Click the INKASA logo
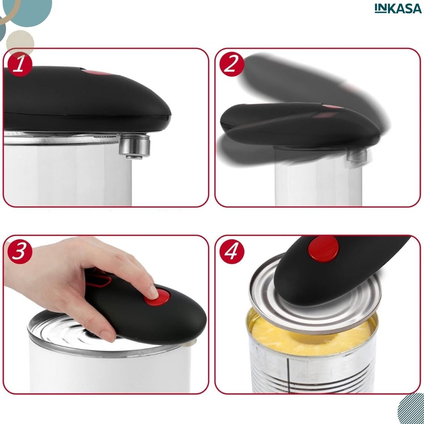click(398, 8)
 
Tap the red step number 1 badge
click(20, 64)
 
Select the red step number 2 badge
click(232, 64)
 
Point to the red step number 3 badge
click(20, 251)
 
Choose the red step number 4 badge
click(232, 252)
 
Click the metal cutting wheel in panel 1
click(135, 146)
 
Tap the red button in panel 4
click(323, 249)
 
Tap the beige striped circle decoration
click(20, 43)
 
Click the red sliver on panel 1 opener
click(97, 73)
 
